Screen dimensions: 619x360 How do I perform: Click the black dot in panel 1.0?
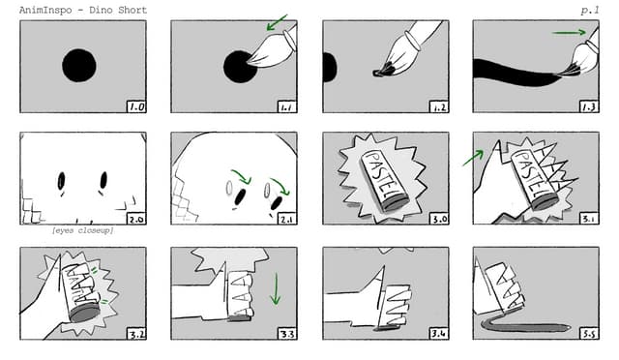[x=79, y=66]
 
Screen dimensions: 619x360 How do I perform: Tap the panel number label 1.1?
[x=287, y=106]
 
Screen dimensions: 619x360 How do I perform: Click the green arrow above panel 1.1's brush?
[x=278, y=22]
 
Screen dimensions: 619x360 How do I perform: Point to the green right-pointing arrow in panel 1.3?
[x=570, y=32]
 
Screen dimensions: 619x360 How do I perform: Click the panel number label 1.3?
[x=589, y=106]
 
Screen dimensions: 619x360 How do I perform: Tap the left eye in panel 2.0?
[x=62, y=181]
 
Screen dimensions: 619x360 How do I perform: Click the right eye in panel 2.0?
[x=103, y=180]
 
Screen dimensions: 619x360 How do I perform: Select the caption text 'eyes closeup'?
[x=82, y=230]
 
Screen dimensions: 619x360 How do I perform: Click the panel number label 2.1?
[x=287, y=219]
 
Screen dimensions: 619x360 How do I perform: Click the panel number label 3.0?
[x=439, y=219]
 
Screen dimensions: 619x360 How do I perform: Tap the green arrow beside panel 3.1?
[x=473, y=158]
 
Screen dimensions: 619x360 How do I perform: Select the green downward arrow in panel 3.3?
[x=275, y=288]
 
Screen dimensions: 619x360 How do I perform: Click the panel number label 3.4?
[x=439, y=334]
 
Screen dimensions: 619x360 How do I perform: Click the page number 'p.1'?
[x=590, y=11]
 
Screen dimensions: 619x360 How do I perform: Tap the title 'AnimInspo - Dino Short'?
[x=83, y=10]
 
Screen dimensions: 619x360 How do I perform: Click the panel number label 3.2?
[x=136, y=334]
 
